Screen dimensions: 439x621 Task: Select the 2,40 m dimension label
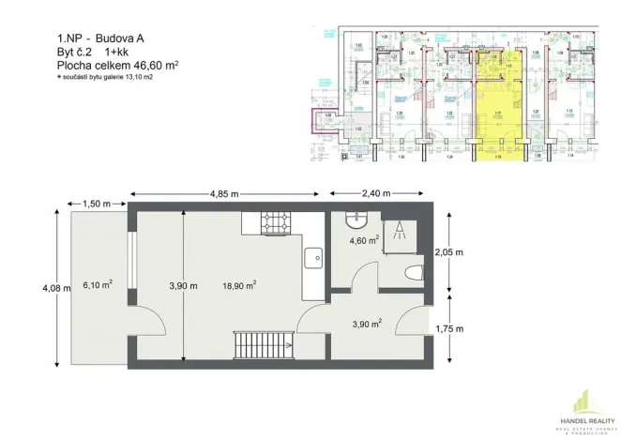point(380,193)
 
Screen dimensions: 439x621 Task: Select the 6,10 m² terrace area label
point(98,284)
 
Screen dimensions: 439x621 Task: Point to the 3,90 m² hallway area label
point(364,324)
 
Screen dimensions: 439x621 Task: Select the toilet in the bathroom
point(410,273)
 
